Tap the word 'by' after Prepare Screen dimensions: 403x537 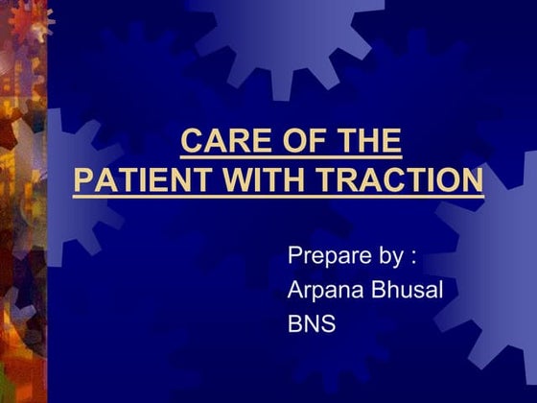click(x=388, y=257)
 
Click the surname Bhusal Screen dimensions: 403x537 click(x=405, y=290)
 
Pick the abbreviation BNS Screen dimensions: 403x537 click(x=312, y=323)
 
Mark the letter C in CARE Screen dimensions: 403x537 click(x=191, y=142)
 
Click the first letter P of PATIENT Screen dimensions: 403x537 click(x=82, y=180)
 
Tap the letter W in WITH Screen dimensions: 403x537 click(x=232, y=180)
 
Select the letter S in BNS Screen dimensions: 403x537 click(x=329, y=323)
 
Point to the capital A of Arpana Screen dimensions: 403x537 click(x=295, y=290)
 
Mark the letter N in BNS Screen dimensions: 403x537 click(x=312, y=323)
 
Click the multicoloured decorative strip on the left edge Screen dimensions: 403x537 click(x=21, y=201)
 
